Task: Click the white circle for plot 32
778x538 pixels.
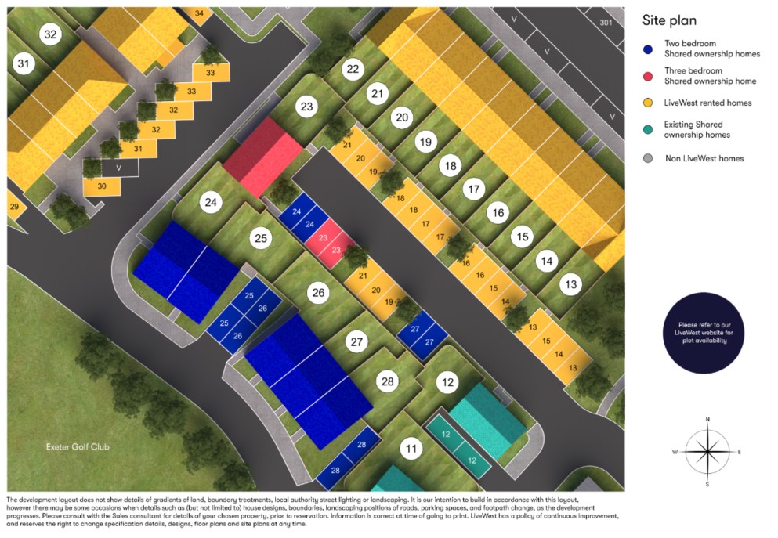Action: [51, 34]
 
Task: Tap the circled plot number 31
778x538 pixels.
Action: [25, 63]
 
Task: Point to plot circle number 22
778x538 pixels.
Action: [353, 70]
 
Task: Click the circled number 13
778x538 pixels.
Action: [572, 285]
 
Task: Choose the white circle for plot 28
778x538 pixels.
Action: [387, 381]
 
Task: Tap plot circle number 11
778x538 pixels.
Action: [411, 450]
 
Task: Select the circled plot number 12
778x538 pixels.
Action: [448, 383]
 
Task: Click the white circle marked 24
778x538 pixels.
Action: [211, 203]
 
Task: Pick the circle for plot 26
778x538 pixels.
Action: [318, 294]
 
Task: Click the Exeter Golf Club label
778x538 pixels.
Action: [77, 447]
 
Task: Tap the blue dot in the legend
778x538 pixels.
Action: [648, 49]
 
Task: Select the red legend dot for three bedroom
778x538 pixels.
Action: [648, 76]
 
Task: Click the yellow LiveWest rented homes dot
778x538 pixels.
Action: [648, 103]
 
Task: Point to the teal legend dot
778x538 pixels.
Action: [648, 130]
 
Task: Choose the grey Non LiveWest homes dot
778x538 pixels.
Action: [648, 158]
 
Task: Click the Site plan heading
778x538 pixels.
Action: [669, 21]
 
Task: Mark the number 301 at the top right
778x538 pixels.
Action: [605, 23]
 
